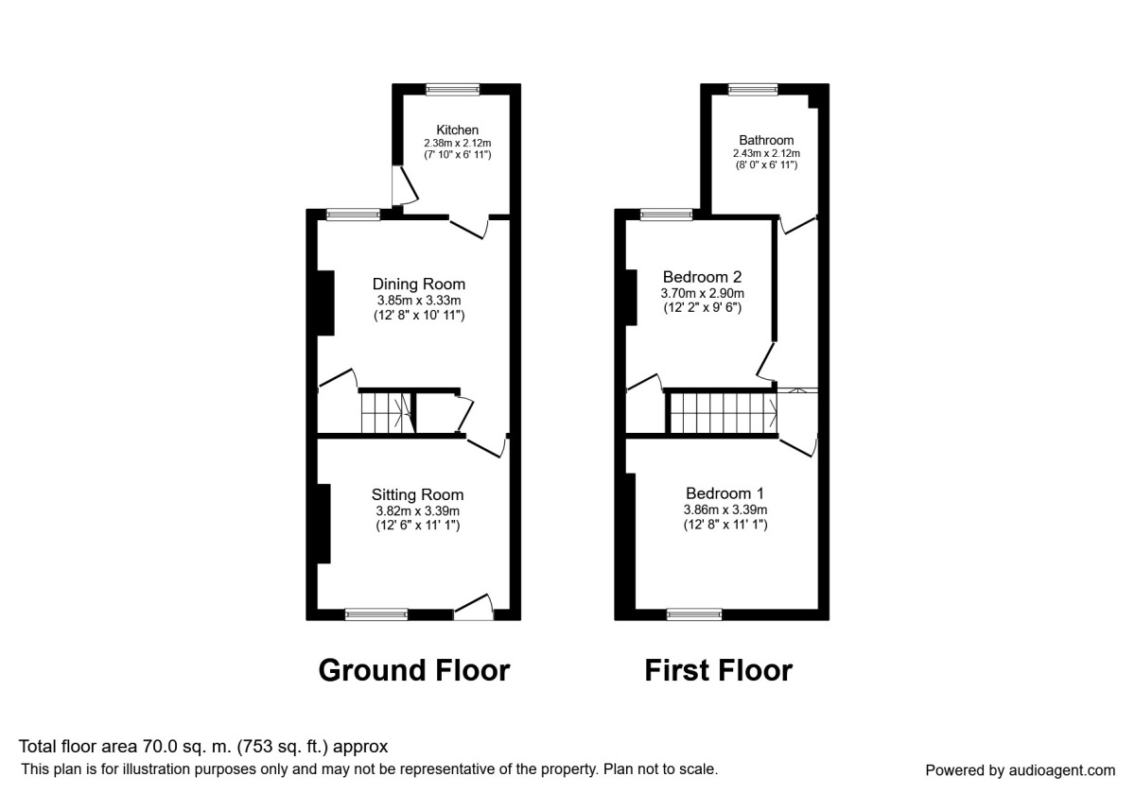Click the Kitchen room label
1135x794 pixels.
(457, 129)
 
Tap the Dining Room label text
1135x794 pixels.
(418, 284)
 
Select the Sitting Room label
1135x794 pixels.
(417, 494)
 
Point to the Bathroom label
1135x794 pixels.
(766, 140)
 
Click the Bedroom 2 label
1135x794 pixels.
(702, 277)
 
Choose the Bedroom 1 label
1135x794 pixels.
(725, 493)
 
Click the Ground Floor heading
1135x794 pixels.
(414, 670)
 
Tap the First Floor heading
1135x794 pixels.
(718, 670)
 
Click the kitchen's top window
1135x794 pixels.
(452, 90)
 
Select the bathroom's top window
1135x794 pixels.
(753, 90)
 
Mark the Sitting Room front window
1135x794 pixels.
(376, 614)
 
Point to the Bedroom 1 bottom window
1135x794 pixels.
(694, 614)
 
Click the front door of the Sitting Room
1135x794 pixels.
(474, 610)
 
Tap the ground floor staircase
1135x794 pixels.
(386, 413)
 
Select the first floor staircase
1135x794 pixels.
(723, 413)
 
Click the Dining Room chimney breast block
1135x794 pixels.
(325, 302)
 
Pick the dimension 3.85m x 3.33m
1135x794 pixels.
(418, 302)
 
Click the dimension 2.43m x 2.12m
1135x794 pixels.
(766, 153)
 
